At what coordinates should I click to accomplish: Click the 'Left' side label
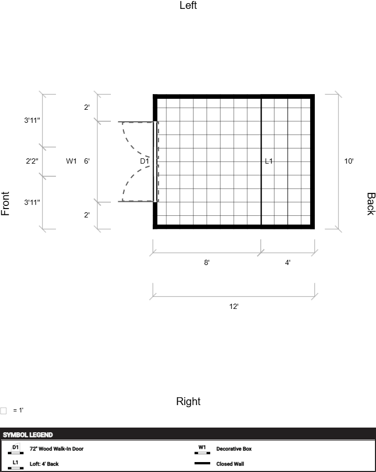188,5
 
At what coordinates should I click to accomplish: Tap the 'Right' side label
188,401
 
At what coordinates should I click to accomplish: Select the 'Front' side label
5,203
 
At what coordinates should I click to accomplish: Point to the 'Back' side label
371,204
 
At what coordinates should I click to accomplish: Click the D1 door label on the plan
145,161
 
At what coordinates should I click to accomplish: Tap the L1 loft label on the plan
269,161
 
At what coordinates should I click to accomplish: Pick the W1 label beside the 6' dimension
72,161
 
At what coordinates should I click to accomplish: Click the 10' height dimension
349,161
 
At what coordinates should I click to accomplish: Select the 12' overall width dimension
234,306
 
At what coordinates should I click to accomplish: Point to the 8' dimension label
207,262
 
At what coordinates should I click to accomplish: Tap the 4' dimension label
288,262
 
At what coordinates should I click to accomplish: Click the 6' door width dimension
87,161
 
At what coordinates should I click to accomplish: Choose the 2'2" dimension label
32,161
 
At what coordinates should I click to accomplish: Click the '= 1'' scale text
18,410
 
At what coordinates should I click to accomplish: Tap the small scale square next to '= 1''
4,411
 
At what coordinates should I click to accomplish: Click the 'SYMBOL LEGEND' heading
28,435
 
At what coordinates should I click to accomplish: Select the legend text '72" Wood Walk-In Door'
56,448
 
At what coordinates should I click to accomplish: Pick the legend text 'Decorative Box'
234,448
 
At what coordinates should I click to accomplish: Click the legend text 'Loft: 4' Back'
44,464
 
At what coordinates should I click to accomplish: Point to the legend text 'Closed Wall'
230,464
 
